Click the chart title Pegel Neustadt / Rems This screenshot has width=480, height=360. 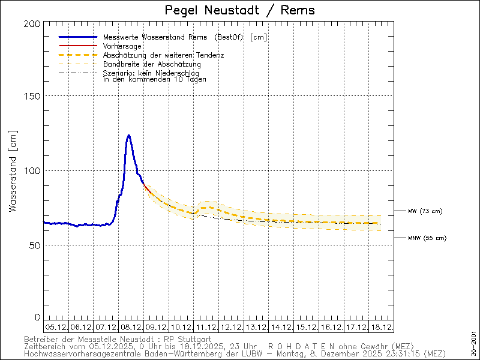(x=239, y=10)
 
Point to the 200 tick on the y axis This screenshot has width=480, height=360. (x=33, y=23)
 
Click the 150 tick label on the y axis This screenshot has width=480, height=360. (x=33, y=96)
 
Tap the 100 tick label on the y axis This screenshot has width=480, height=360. (x=33, y=170)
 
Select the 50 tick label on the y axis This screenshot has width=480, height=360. (x=35, y=245)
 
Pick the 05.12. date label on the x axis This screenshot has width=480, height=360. (x=56, y=327)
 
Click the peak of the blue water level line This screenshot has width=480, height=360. (x=128, y=136)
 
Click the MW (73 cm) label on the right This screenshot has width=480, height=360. (x=425, y=211)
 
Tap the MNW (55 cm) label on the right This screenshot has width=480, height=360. (x=427, y=238)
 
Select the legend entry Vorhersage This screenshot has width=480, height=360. (x=122, y=46)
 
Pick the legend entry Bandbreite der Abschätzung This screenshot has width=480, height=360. (x=152, y=64)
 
